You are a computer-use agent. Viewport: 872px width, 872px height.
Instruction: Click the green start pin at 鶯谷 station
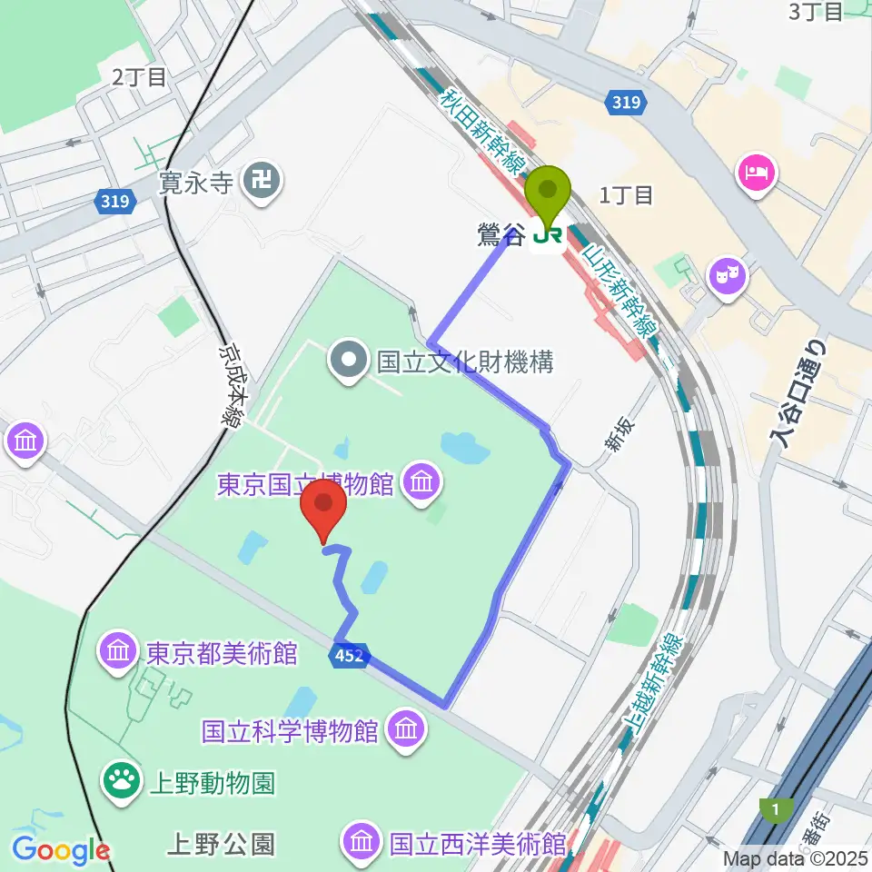[x=549, y=193]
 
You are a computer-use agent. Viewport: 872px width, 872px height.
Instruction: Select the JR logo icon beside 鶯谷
[x=548, y=237]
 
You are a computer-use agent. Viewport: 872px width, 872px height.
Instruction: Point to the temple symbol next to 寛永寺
[x=263, y=183]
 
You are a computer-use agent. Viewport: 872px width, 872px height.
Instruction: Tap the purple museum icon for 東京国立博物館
[x=421, y=482]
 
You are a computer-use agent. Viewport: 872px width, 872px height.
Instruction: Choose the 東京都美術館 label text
[x=222, y=652]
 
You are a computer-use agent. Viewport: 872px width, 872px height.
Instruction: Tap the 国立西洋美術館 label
[x=479, y=844]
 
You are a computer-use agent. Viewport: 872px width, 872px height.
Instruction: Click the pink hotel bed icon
[x=757, y=169]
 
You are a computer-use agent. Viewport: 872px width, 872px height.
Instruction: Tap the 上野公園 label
[x=220, y=844]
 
